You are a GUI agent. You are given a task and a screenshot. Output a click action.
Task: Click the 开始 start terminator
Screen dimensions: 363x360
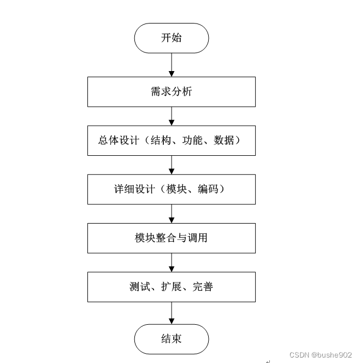(172, 38)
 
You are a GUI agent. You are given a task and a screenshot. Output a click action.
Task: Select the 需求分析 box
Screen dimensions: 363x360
(172, 92)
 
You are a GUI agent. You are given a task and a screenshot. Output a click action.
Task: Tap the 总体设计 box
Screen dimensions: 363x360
(172, 140)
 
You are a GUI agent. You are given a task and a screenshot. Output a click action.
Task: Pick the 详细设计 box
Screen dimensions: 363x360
(172, 189)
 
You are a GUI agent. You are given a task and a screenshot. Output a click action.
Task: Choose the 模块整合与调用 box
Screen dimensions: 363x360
(172, 238)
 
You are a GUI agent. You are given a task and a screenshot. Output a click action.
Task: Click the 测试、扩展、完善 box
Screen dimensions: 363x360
(172, 286)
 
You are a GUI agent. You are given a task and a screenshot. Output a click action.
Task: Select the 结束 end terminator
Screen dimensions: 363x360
(172, 339)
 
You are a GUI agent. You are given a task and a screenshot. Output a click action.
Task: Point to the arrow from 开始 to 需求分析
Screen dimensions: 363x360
(172, 65)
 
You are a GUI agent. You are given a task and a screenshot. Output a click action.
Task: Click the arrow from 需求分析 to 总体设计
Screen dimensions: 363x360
(172, 116)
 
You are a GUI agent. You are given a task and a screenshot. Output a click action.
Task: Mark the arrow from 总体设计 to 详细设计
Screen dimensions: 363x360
(172, 165)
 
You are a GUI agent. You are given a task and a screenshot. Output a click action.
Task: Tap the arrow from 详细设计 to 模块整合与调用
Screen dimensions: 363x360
(172, 213)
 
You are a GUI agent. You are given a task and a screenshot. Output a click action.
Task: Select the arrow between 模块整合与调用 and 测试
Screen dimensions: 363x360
(172, 262)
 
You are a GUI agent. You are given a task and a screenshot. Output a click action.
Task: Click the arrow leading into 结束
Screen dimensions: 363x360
(172, 313)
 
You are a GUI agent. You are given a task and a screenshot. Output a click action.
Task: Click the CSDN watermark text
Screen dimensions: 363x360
(321, 354)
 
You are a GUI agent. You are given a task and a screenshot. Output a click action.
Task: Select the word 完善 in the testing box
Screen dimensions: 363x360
(203, 286)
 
